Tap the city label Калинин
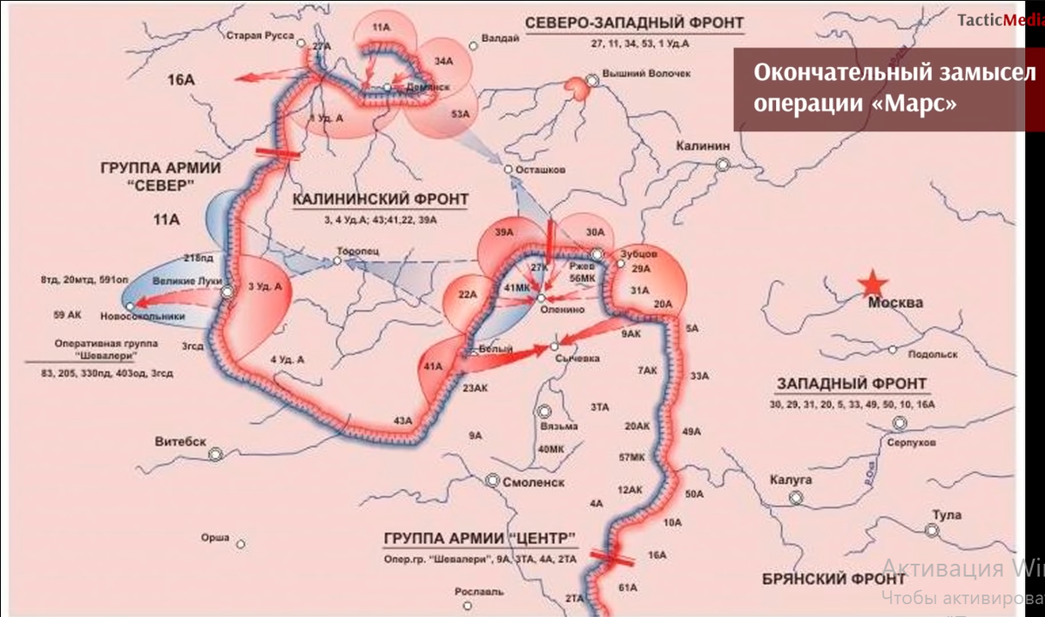point(701,146)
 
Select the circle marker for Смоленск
point(492,480)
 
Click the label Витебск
point(180,441)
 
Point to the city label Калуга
point(791,480)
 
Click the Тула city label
point(947,515)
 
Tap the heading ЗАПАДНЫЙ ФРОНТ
point(851,384)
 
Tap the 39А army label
point(504,232)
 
